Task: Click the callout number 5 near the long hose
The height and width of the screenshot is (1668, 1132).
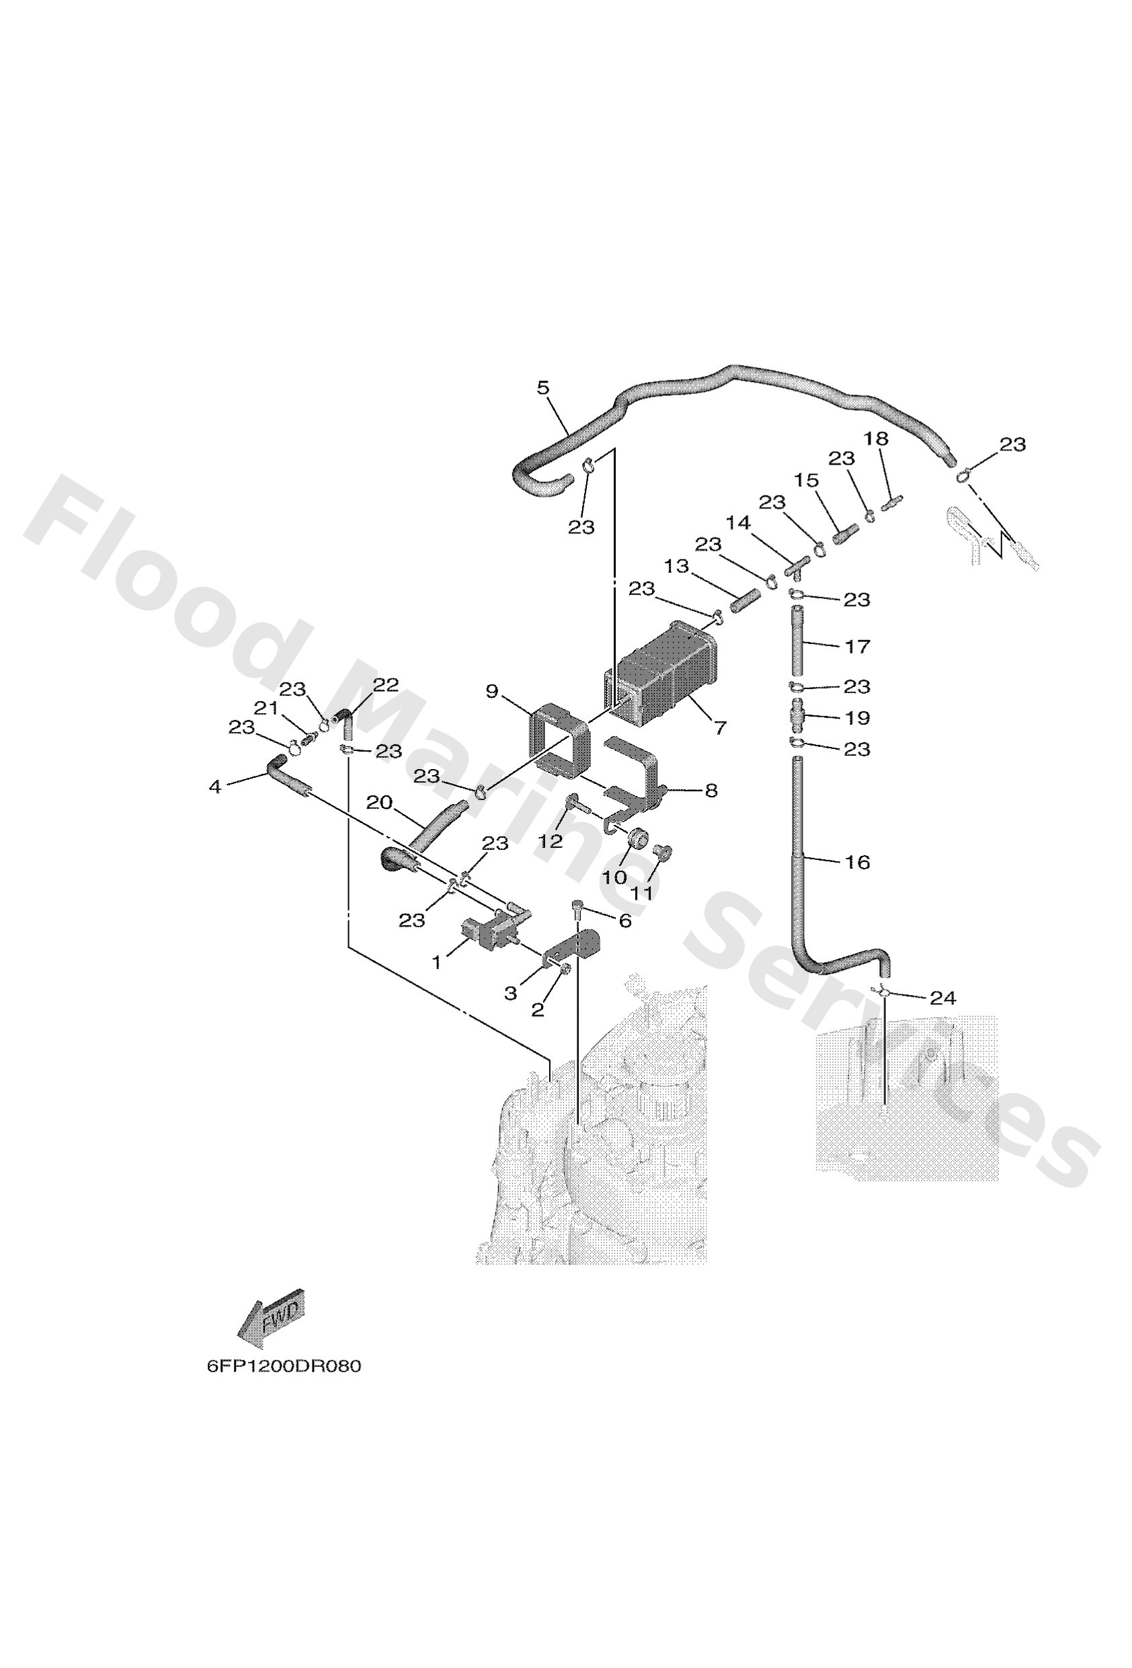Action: pos(542,389)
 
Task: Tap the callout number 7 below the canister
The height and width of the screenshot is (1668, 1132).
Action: pos(720,729)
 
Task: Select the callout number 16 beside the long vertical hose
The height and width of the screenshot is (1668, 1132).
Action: pos(857,862)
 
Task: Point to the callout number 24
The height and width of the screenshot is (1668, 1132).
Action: pos(942,998)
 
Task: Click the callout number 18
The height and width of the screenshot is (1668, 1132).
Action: pos(876,438)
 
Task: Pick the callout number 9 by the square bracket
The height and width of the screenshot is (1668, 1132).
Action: pos(491,691)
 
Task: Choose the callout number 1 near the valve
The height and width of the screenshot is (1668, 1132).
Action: pos(436,963)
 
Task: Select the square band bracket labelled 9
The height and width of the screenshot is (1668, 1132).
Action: pos(560,740)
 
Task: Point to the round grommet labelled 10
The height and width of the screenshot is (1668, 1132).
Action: pos(637,839)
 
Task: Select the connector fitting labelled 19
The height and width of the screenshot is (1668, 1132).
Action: pos(798,715)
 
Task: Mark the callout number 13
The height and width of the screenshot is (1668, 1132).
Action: pos(676,566)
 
